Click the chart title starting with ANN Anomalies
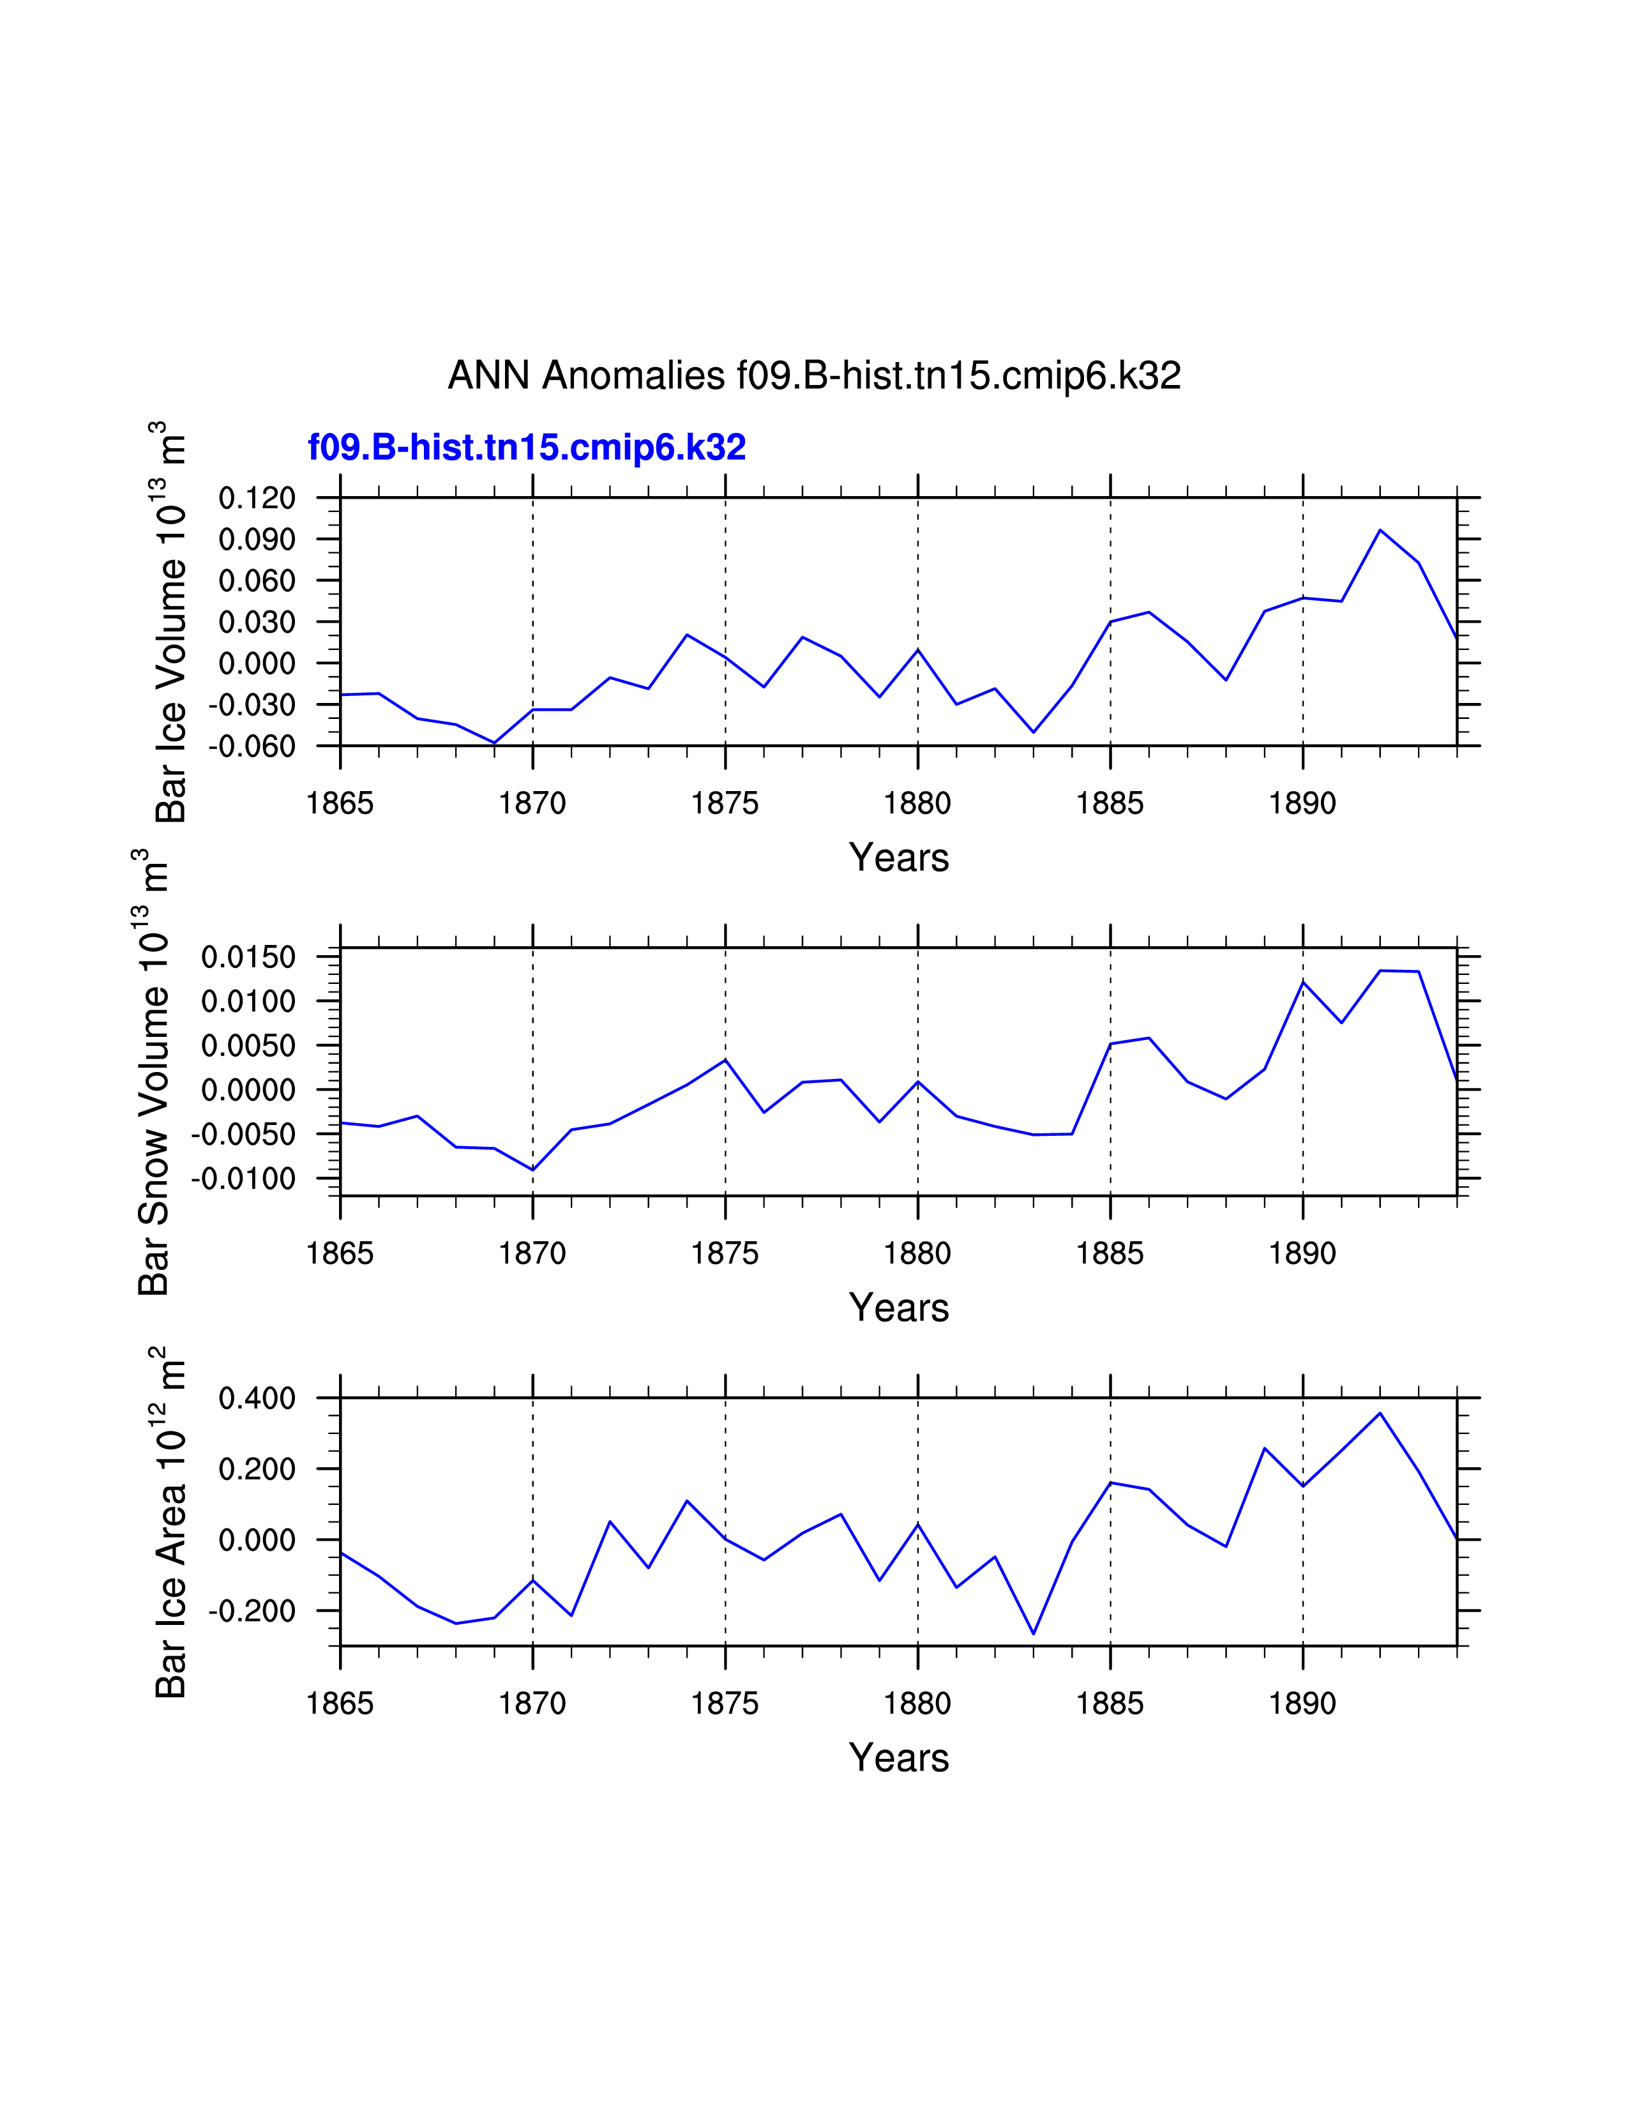[x=814, y=375]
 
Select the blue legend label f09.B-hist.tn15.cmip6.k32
[x=527, y=448]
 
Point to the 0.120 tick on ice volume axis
[x=257, y=499]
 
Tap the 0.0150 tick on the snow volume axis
[x=248, y=958]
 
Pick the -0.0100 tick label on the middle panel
[x=243, y=1179]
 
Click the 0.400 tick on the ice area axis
[x=257, y=1398]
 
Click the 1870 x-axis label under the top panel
[x=532, y=804]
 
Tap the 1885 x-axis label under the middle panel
[x=1110, y=1254]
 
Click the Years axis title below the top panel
[x=899, y=857]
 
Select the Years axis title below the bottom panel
[x=899, y=1758]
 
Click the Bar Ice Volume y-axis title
[x=170, y=623]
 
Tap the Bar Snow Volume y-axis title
[x=153, y=1071]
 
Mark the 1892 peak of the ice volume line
[x=1380, y=530]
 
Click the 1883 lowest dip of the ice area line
[x=1033, y=1633]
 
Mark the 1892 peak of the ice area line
[x=1380, y=1414]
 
